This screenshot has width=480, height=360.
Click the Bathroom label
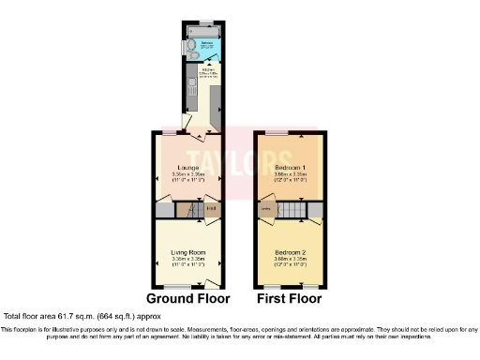click(206, 44)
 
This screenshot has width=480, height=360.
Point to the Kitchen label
click(203, 67)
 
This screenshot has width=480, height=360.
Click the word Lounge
click(182, 168)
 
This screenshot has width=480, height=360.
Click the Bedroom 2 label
click(289, 251)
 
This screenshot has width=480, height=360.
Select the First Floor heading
click(289, 299)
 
